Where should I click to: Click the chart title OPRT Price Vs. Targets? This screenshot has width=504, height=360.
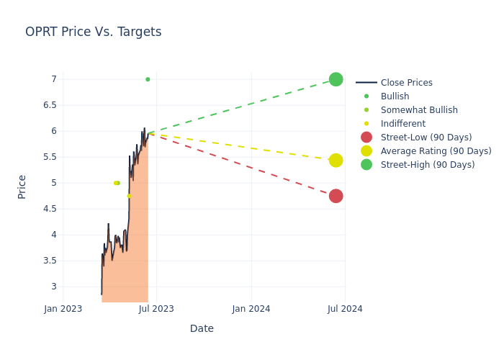[93, 32]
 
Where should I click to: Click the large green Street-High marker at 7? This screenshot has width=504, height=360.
[336, 79]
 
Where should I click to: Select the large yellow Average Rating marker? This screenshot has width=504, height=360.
[336, 160]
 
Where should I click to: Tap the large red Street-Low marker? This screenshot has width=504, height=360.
[336, 196]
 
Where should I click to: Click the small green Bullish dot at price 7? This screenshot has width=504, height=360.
[148, 79]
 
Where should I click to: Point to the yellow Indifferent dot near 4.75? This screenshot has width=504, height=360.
[130, 196]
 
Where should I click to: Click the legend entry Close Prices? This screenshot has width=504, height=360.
[406, 83]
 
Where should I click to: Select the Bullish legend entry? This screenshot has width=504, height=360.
[395, 96]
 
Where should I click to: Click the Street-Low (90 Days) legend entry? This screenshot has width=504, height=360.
[426, 138]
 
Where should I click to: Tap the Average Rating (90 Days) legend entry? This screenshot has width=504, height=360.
[436, 151]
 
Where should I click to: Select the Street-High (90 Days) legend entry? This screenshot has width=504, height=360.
[428, 165]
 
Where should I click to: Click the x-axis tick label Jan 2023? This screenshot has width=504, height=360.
[63, 309]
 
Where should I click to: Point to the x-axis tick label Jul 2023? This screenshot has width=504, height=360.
[156, 309]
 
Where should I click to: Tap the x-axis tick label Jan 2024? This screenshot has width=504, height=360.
[251, 309]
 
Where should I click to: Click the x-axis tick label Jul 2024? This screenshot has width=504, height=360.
[345, 309]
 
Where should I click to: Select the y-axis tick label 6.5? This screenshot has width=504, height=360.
[49, 105]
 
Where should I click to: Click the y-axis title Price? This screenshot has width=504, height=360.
[22, 186]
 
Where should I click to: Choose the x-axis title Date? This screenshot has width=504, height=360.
[202, 329]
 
